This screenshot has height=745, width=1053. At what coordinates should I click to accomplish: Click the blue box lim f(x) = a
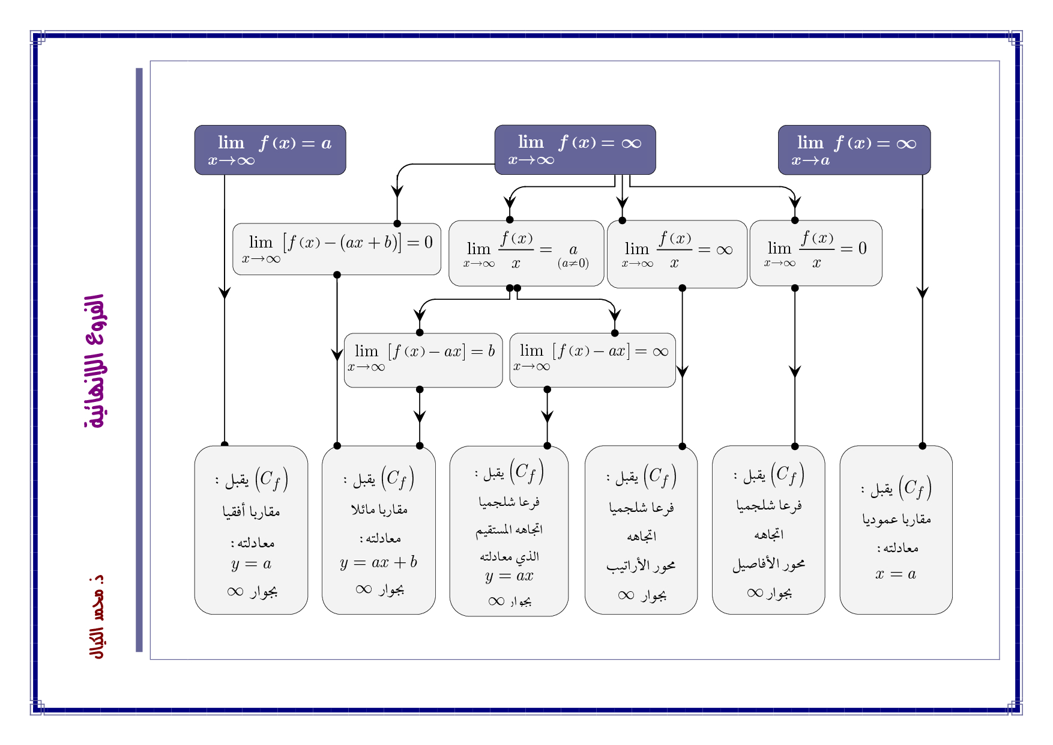coord(270,150)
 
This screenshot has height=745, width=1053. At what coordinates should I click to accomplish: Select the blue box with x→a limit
coord(854,150)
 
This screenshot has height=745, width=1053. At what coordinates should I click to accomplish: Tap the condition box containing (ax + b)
coord(337,249)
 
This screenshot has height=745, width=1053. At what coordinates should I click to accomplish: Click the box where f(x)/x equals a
coord(526,253)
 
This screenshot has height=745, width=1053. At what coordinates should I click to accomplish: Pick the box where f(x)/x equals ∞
coord(677,254)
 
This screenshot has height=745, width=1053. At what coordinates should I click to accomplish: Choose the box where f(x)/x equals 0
coord(815,253)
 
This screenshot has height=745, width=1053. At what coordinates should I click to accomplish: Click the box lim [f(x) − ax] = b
coord(423,360)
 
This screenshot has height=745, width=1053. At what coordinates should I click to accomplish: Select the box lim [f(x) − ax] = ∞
coord(593,360)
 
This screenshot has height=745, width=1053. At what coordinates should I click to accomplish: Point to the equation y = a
coord(251,564)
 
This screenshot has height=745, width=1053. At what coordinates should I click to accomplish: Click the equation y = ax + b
coord(378,562)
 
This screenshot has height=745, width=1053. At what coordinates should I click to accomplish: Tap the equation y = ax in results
coord(509,576)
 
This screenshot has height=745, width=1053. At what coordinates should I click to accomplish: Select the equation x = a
coord(896,574)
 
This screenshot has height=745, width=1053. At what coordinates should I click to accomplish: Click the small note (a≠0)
coord(573,263)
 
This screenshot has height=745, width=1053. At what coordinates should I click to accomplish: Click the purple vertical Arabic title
coord(95,361)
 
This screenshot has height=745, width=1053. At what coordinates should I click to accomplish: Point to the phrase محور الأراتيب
coord(641,565)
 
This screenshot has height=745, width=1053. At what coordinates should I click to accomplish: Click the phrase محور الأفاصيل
coord(768,564)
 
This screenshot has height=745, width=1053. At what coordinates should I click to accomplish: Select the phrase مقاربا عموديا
coord(896,518)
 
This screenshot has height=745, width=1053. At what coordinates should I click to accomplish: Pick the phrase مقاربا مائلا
coord(379,509)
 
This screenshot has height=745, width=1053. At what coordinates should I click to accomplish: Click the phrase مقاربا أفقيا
coord(251,511)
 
